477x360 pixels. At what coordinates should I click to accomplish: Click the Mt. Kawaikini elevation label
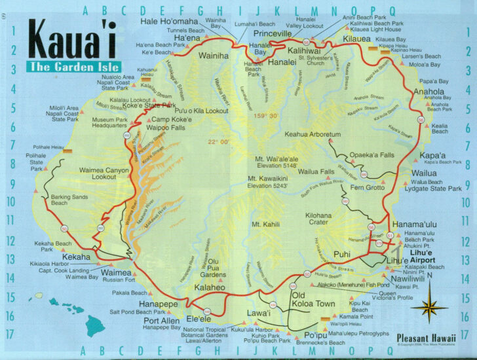click(277, 183)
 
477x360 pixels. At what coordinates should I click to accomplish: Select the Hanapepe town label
click(156, 304)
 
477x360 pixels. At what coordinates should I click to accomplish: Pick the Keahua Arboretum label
click(313, 134)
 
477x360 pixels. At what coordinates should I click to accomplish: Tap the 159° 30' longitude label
click(265, 116)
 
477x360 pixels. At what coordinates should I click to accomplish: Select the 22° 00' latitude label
click(219, 142)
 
